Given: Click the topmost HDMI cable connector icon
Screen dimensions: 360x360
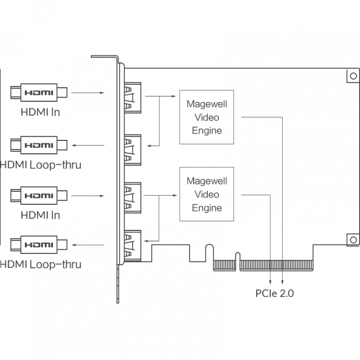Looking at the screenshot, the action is [x=39, y=93].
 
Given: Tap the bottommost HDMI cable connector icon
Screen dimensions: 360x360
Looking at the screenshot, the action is [x=39, y=245].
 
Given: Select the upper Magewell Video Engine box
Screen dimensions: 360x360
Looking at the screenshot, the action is [x=207, y=117].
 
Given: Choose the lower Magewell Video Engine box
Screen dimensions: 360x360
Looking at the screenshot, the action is [x=207, y=194].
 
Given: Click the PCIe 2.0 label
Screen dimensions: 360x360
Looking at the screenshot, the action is [x=274, y=293].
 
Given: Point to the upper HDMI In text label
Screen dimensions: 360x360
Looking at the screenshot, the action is [x=40, y=112].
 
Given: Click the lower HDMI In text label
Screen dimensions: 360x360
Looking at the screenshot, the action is [x=40, y=216].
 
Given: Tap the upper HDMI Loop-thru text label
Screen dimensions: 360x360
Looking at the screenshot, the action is [x=40, y=165].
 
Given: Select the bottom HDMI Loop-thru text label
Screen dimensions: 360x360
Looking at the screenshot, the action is [x=40, y=264].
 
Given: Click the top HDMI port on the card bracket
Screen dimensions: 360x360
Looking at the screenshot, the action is [x=132, y=98].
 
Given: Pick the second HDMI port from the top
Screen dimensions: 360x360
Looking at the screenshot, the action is [x=132, y=150].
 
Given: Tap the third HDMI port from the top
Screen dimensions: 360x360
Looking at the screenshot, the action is [x=132, y=198].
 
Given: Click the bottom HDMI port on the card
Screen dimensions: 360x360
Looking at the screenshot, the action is [x=132, y=246].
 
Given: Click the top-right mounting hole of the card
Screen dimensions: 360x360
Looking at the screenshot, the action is [x=353, y=76].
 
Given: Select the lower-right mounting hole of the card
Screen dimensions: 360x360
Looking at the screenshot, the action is [x=353, y=240].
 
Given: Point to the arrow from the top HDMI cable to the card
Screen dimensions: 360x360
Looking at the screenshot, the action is [x=88, y=93].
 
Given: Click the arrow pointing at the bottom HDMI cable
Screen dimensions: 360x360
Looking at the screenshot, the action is [x=88, y=245].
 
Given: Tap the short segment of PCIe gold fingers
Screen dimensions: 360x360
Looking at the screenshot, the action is [x=225, y=265].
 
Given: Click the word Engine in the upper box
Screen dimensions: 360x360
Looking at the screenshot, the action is [x=207, y=130].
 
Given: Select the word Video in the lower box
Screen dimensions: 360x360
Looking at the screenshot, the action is [x=207, y=194].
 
